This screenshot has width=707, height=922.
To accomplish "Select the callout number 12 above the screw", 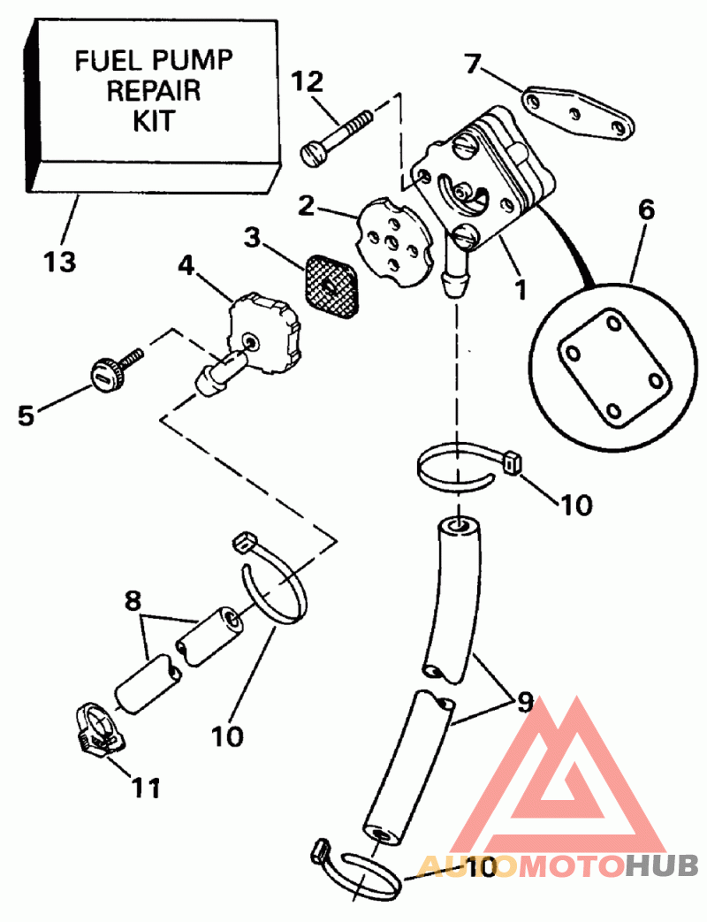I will tap(308, 81).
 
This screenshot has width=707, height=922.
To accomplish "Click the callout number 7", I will tap(474, 64).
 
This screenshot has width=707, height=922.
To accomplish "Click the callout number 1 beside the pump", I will tap(520, 288).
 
